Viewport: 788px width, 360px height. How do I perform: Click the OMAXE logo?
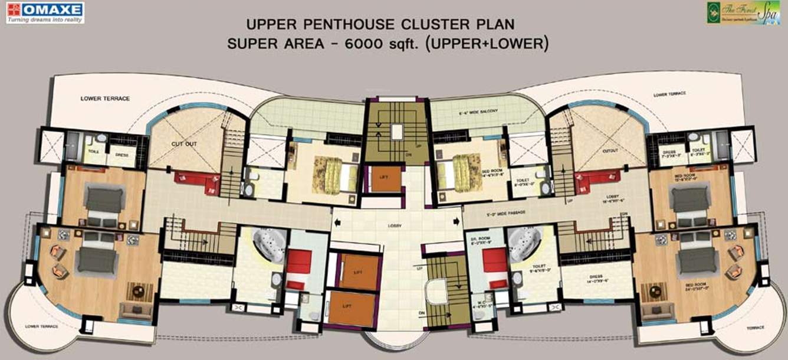pyautogui.click(x=45, y=12)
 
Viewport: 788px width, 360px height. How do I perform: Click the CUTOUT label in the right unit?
pyautogui.click(x=610, y=150)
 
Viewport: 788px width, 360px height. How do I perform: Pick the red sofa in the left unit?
pyautogui.click(x=196, y=181)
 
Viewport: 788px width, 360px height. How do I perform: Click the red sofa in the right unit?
pyautogui.click(x=597, y=181)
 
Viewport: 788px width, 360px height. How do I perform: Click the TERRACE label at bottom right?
pyautogui.click(x=754, y=328)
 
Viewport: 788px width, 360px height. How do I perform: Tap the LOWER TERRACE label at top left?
pyautogui.click(x=105, y=98)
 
